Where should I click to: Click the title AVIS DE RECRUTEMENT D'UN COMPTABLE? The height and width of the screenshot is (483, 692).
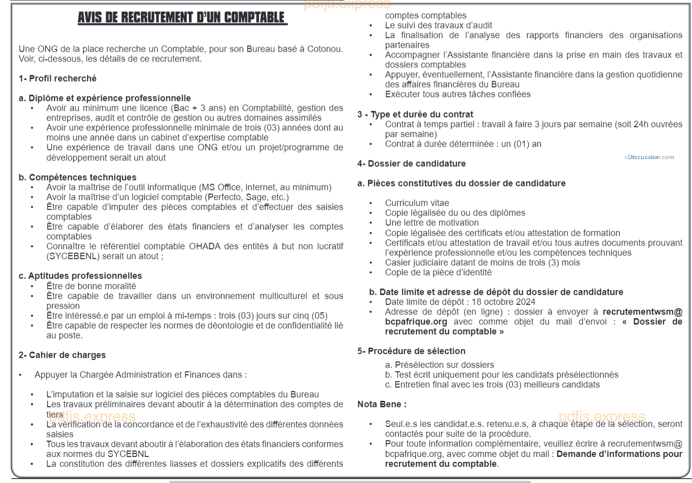(182, 18)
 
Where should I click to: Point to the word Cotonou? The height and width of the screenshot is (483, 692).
(324, 49)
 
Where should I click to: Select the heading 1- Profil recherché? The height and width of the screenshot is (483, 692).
(58, 78)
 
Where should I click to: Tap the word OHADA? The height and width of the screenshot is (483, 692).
(205, 246)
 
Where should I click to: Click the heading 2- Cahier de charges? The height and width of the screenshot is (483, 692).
(62, 355)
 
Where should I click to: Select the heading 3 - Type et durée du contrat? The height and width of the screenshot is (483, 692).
(415, 114)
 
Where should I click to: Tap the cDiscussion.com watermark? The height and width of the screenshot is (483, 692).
(649, 157)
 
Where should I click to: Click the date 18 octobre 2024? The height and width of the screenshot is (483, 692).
(503, 302)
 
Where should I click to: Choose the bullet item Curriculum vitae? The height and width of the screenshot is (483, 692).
(417, 203)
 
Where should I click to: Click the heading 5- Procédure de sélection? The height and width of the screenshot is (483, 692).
(411, 351)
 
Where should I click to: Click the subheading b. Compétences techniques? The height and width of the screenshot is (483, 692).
(77, 177)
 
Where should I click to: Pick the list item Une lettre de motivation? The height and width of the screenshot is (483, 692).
(425, 223)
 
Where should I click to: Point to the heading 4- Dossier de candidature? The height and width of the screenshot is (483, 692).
(411, 163)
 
